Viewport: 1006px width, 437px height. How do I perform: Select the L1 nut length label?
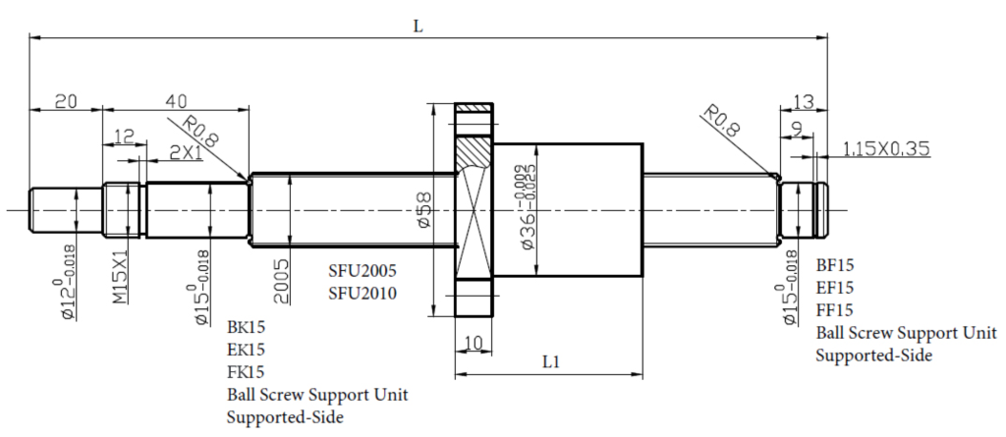coord(550,360)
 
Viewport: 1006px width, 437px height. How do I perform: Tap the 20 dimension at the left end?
coord(66,101)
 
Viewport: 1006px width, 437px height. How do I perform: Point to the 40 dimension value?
coord(176,101)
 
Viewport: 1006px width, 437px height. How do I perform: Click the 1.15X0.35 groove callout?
coord(886,149)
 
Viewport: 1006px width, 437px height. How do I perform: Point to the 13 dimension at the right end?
coord(803,101)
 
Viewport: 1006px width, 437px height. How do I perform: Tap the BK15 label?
coord(246,326)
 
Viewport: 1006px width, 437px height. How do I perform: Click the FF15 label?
coord(835,310)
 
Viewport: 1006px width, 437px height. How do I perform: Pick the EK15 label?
coord(246,349)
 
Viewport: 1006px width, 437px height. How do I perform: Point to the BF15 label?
coord(835,265)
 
